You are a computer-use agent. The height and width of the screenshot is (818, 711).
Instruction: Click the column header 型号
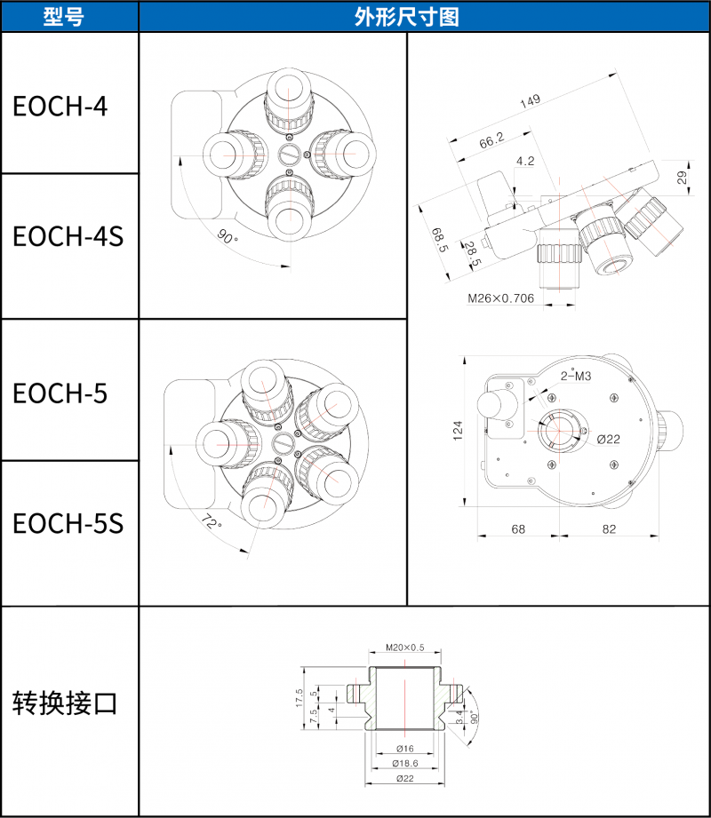[x=68, y=16]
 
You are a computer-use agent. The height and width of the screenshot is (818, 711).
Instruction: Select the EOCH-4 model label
[x=60, y=106]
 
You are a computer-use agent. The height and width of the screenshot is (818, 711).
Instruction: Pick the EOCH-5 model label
[x=60, y=392]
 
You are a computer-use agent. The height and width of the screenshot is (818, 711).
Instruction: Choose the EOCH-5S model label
[x=68, y=523]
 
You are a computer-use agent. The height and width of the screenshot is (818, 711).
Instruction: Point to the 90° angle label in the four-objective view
[x=228, y=237]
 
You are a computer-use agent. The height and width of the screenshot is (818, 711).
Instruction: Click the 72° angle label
[x=212, y=521]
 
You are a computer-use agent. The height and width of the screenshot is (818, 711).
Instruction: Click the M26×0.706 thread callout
[x=501, y=298]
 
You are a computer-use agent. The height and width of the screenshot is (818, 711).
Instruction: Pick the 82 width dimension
[x=609, y=528]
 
